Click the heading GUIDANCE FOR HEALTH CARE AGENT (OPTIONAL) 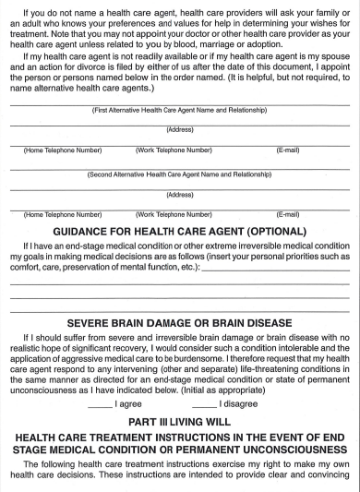pyautogui.click(x=180, y=230)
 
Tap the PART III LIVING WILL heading pyautogui.click(x=180, y=421)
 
